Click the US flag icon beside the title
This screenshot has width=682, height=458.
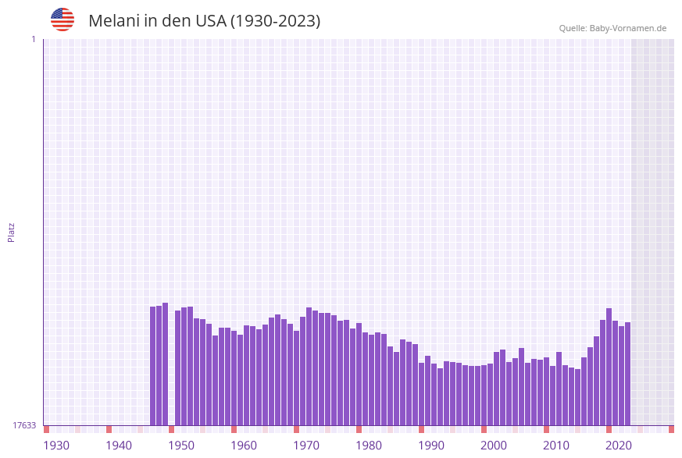[62, 20]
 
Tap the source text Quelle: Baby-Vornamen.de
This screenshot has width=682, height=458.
[612, 28]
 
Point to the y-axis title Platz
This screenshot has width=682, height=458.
[12, 232]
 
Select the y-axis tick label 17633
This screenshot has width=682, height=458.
[24, 425]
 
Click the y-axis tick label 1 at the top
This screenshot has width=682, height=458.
[33, 39]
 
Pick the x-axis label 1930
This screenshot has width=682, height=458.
[56, 446]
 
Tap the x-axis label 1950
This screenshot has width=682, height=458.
[181, 446]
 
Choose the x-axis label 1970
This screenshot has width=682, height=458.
[306, 446]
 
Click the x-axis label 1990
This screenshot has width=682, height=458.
[431, 446]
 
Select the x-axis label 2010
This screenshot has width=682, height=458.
[556, 446]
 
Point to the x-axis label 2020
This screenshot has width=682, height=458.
[619, 446]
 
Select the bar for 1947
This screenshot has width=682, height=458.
[166, 364]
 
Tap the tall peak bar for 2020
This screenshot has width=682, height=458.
[609, 367]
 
